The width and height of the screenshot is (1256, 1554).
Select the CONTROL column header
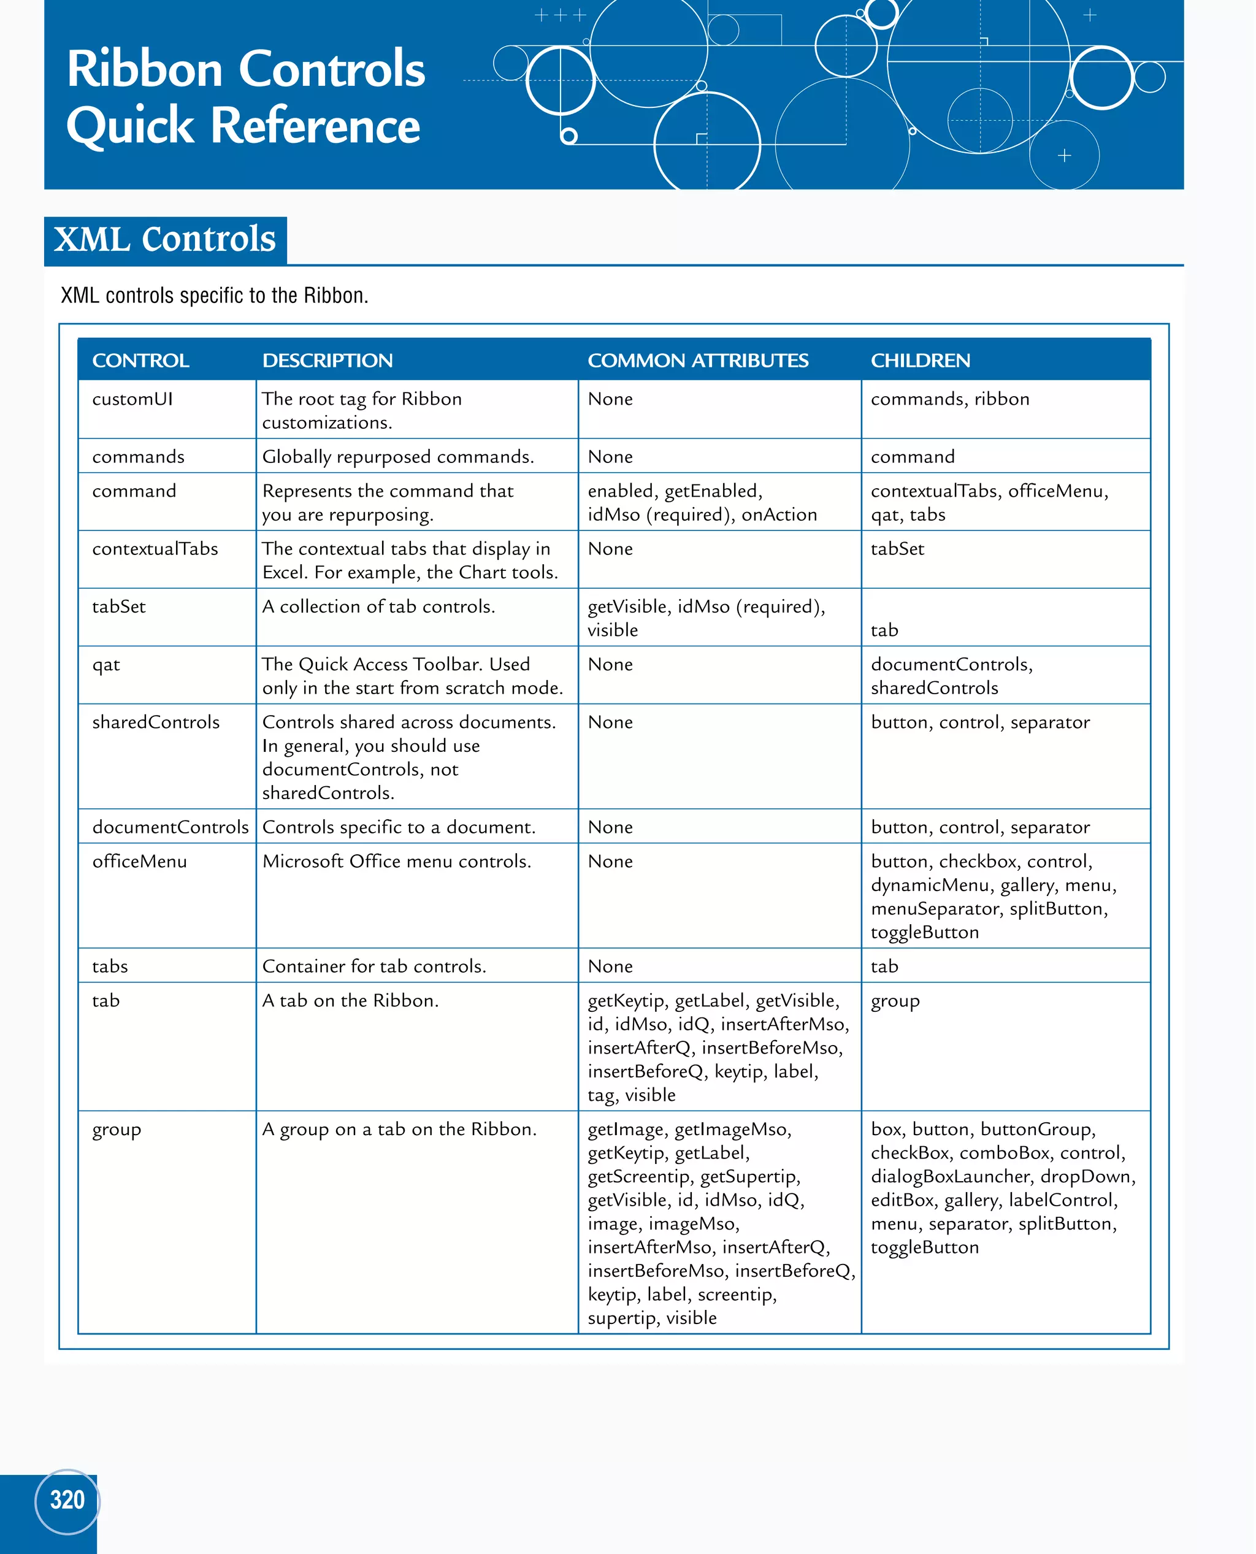click(x=140, y=360)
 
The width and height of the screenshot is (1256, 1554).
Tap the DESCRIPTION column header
click(x=327, y=360)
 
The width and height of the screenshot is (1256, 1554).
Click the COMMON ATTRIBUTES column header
click(x=697, y=360)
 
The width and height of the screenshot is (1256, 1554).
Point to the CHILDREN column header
click(x=921, y=360)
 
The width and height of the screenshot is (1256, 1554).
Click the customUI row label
click(x=132, y=399)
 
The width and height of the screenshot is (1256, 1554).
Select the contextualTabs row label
click(x=155, y=548)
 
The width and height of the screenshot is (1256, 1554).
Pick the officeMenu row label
click(x=140, y=861)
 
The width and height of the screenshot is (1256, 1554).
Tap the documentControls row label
click(x=170, y=827)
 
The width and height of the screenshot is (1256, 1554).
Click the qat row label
click(x=105, y=664)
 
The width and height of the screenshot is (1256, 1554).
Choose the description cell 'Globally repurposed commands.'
click(x=398, y=456)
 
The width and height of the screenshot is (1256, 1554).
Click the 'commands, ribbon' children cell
click(x=950, y=399)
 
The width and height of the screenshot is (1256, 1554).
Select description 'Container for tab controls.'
click(x=374, y=966)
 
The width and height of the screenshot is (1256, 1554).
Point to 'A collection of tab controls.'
click(x=378, y=607)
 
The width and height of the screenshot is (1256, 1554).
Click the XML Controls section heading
click(x=165, y=239)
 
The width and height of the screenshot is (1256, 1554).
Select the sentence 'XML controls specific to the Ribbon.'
click(x=214, y=295)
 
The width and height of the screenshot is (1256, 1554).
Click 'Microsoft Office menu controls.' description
click(x=396, y=861)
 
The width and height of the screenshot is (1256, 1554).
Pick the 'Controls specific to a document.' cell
click(x=399, y=827)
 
